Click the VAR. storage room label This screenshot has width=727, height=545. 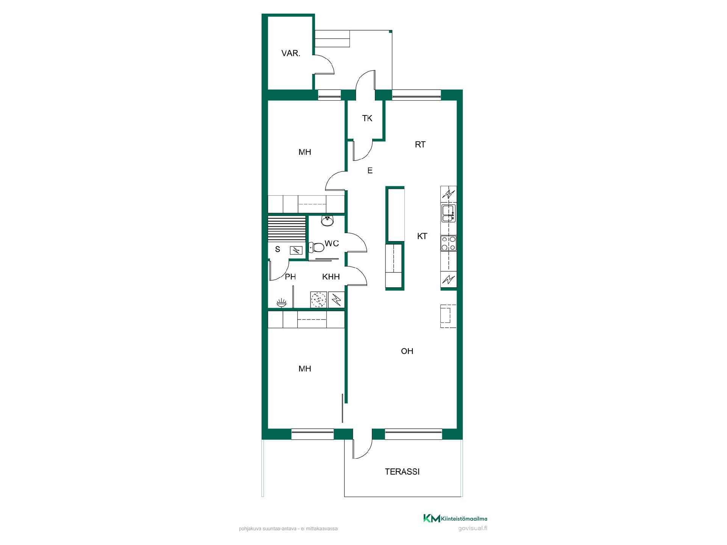(x=291, y=53)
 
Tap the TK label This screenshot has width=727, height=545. (x=367, y=118)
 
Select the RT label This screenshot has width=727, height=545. (x=420, y=145)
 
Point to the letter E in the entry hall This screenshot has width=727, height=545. (x=370, y=171)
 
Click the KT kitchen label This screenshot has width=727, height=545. (x=422, y=236)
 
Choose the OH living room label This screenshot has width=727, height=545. (x=407, y=351)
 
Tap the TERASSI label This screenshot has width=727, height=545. (x=402, y=472)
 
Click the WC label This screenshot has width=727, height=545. (x=332, y=243)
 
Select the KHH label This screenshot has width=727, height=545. (x=331, y=277)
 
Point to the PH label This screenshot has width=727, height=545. (x=290, y=277)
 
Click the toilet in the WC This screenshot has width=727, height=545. (x=317, y=248)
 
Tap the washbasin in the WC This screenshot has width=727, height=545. (x=327, y=221)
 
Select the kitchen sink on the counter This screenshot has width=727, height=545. (x=448, y=213)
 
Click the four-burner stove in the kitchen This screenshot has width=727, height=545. (x=448, y=243)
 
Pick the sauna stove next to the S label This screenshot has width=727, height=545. (x=296, y=250)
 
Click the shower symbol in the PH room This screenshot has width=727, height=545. (x=281, y=302)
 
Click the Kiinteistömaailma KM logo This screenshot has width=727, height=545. (x=455, y=518)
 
